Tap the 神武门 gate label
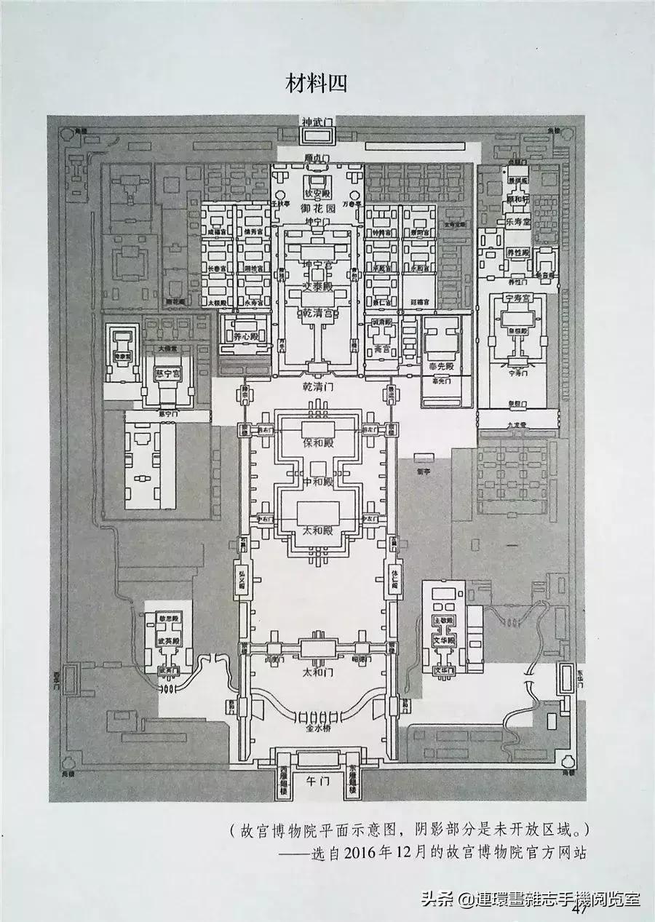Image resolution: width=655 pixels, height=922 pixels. [x=317, y=122]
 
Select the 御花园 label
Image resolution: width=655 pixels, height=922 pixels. [x=317, y=208]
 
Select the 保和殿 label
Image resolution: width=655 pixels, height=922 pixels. [x=317, y=442]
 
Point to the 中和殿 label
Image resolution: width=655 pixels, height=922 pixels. [x=318, y=482]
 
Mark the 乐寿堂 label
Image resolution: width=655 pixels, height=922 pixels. [x=518, y=219]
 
